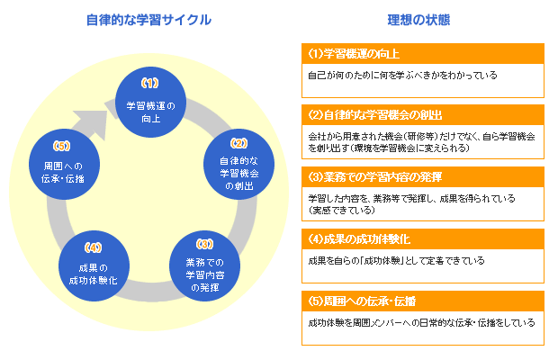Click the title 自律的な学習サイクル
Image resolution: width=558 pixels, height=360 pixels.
pos(148,20)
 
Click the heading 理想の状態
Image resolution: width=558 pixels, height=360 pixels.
pos(418,20)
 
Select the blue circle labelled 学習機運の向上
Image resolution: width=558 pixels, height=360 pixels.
pos(151,102)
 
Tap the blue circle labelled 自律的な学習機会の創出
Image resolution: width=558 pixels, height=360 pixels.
pos(238,164)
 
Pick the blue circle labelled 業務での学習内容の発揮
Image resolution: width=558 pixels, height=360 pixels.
pos(204,266)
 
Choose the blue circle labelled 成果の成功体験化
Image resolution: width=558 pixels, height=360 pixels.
pos(94,266)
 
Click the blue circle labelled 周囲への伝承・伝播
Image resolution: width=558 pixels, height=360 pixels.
pos(64,164)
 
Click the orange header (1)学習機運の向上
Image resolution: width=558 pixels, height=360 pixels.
pos(423,54)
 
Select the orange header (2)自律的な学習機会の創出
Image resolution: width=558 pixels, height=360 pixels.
pos(423,115)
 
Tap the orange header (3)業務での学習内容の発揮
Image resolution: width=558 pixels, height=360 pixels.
pos(423,176)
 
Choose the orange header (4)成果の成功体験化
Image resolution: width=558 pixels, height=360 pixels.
pos(423,239)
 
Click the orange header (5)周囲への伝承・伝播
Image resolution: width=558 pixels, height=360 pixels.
pos(423,301)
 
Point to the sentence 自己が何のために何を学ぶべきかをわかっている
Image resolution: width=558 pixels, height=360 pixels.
pos(402,76)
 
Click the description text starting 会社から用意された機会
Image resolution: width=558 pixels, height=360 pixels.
pos(421,142)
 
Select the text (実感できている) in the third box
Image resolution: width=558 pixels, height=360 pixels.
pos(342,211)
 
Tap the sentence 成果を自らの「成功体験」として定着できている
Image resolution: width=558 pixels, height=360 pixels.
pos(396,261)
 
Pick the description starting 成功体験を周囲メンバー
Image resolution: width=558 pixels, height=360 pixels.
pos(421,322)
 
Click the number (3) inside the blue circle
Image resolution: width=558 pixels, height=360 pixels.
pos(204,244)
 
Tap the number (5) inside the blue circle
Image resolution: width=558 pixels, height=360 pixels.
pos(61,146)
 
